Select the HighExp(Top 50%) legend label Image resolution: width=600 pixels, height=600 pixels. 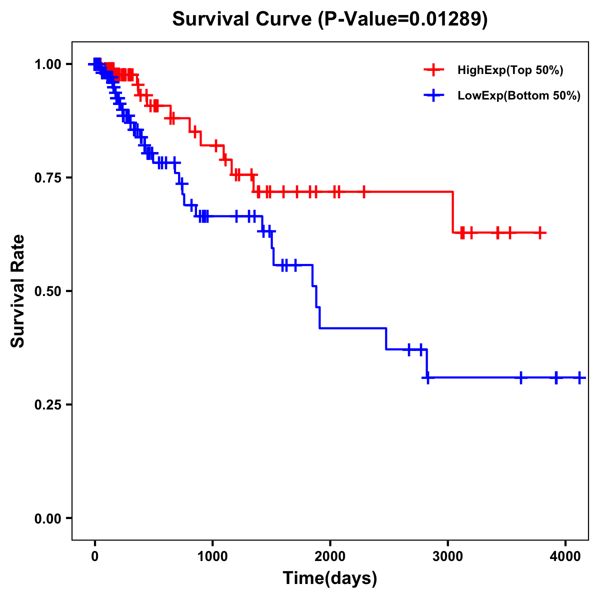pos(510,70)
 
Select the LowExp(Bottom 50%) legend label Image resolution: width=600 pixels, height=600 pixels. pos(519,95)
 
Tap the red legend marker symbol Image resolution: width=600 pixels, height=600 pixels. pos(433,70)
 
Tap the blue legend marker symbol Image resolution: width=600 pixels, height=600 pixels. pos(433,95)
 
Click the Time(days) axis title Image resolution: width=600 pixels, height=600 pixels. pos(330,578)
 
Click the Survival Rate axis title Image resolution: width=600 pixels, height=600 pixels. pos(18,291)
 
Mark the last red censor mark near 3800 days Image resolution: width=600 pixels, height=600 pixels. pos(540,232)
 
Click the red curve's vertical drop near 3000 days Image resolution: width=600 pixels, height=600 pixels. pos(453,212)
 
